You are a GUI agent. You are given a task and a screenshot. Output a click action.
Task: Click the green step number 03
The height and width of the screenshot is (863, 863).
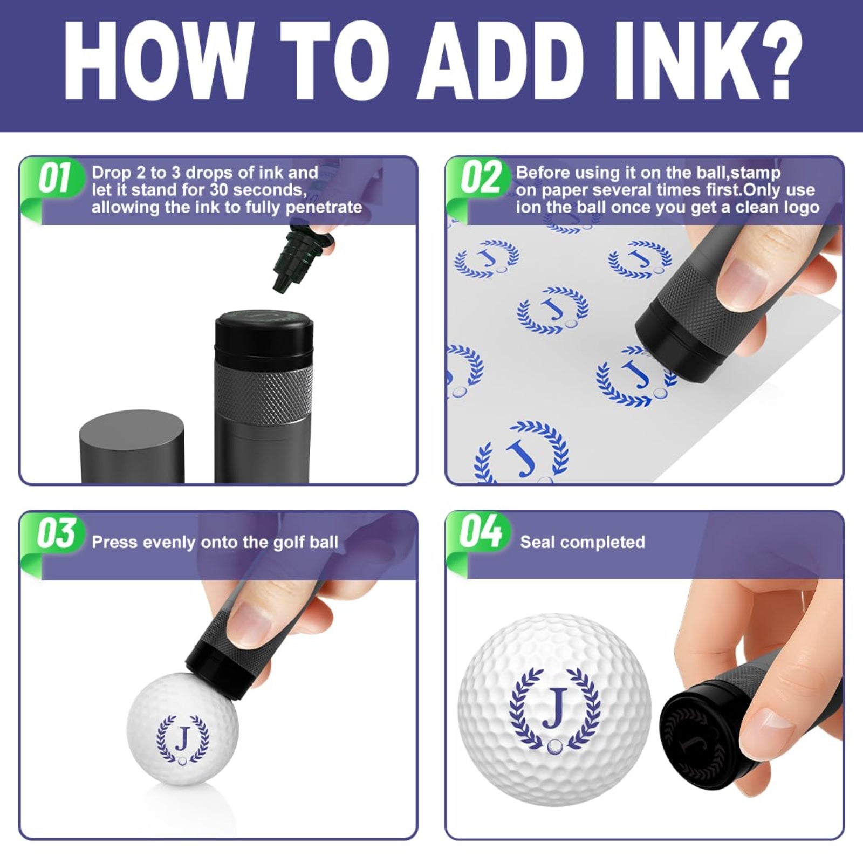pos(56,533)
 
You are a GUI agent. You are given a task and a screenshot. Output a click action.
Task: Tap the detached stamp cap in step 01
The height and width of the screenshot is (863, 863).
pos(132,447)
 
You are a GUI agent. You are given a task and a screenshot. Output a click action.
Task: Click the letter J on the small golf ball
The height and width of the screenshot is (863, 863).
pos(183,738)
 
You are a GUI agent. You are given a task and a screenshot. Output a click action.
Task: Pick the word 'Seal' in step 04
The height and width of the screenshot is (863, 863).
pos(536,542)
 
